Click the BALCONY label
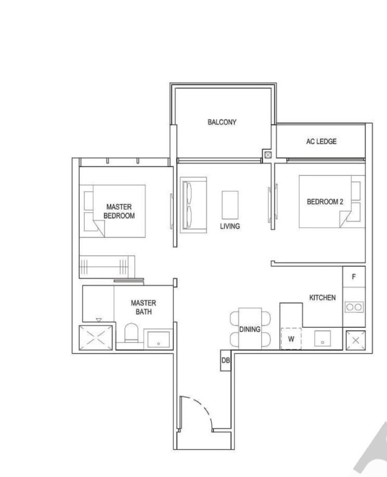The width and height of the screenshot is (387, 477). click(x=222, y=122)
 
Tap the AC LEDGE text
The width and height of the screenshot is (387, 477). click(x=321, y=141)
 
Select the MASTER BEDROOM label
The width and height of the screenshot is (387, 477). click(x=119, y=211)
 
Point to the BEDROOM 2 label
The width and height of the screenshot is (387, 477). click(x=325, y=202)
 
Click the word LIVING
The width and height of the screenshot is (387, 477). click(x=230, y=226)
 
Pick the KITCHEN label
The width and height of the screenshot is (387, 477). click(x=322, y=298)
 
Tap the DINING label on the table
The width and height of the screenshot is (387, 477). click(x=250, y=329)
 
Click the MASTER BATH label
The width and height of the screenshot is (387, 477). click(x=143, y=307)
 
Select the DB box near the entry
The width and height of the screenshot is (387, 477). click(x=225, y=361)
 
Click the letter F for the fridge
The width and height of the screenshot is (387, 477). click(x=354, y=277)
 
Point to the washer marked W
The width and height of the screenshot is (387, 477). click(x=291, y=339)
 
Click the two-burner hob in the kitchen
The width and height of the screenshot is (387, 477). click(x=354, y=307)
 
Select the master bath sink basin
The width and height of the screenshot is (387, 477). click(x=158, y=339)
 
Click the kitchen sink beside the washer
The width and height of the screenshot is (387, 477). click(x=322, y=338)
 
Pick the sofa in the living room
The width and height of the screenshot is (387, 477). click(x=193, y=205)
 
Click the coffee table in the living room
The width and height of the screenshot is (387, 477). click(x=230, y=205)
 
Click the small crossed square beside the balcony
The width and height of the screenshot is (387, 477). click(x=268, y=155)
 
